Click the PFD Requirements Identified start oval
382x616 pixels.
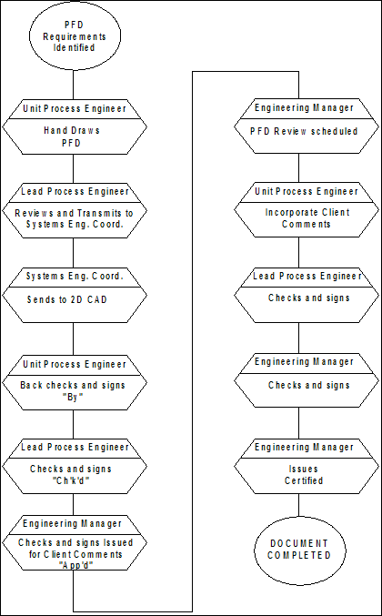74,36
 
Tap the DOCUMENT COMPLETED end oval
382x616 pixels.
299,550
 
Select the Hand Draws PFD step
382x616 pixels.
74,136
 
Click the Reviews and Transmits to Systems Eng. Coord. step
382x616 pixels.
74,219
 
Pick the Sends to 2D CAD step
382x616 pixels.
74,305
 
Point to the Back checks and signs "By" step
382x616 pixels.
74,390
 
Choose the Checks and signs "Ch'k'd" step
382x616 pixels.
74,474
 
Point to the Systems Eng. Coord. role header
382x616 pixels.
75,277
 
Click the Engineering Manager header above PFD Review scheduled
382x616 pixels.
304,108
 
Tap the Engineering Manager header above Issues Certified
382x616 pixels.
304,448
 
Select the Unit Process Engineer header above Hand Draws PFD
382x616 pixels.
75,108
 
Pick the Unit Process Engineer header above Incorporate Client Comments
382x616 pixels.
307,192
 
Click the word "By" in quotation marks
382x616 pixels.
74,397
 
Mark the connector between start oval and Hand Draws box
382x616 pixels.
74,85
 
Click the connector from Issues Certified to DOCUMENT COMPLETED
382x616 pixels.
298,505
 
